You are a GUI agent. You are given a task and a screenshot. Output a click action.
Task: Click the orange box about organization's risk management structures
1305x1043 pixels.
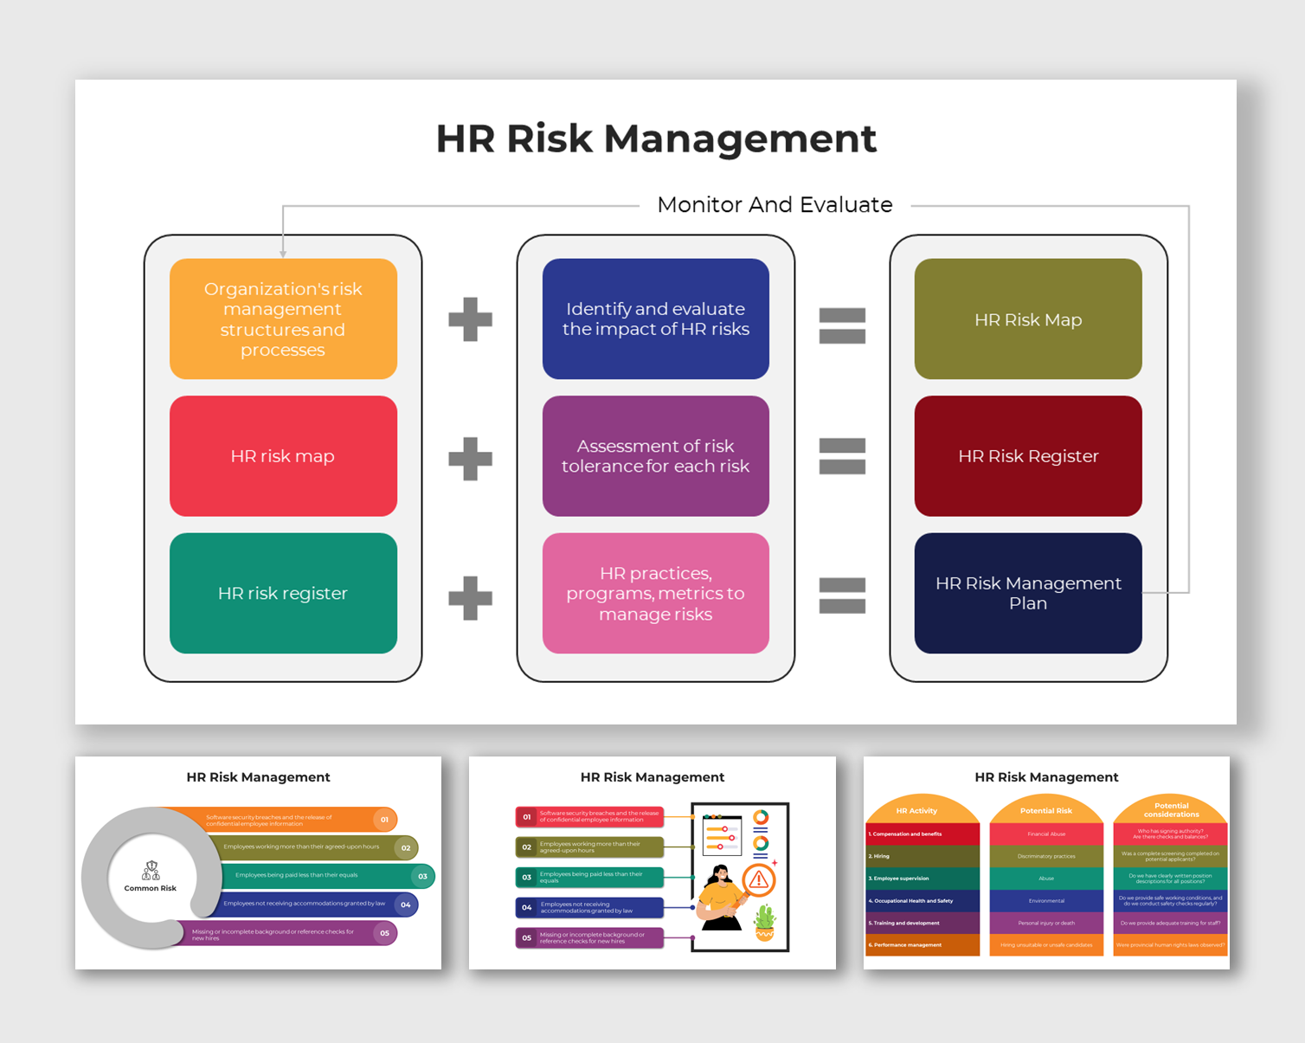[x=283, y=319]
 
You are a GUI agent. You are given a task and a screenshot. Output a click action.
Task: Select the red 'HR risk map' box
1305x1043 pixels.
[x=283, y=456]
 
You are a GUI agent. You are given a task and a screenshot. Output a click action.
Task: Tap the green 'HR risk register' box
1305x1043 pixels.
[x=283, y=593]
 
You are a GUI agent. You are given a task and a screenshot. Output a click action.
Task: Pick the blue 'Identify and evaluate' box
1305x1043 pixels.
[x=655, y=319]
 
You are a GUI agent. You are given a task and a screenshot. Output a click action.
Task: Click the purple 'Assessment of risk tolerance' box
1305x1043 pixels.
[x=655, y=456]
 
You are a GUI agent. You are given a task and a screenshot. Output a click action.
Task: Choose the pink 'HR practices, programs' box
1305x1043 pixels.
[x=655, y=593]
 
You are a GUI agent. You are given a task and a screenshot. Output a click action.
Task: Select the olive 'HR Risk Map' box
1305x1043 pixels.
[x=1028, y=319]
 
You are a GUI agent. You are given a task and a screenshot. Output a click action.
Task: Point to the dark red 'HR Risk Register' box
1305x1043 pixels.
[x=1028, y=456]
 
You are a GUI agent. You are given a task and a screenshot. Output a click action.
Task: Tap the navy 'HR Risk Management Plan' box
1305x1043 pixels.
[x=1028, y=593]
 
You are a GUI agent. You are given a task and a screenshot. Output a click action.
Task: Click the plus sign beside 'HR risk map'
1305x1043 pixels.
[x=470, y=458]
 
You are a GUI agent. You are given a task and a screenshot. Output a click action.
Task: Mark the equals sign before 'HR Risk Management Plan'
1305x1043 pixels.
[x=842, y=595]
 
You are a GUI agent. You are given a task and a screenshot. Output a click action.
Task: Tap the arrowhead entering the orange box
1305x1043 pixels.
[x=283, y=254]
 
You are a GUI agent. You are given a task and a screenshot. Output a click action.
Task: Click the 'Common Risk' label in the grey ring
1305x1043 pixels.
[x=150, y=888]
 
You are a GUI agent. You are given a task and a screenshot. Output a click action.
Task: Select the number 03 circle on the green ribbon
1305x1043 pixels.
[x=422, y=876]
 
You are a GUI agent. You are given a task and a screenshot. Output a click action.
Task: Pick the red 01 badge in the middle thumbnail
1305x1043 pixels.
[x=526, y=816]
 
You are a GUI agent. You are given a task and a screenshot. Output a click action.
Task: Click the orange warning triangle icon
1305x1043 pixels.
[x=759, y=881]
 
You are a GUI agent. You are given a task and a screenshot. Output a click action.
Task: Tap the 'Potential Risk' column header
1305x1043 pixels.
[x=1045, y=811]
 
